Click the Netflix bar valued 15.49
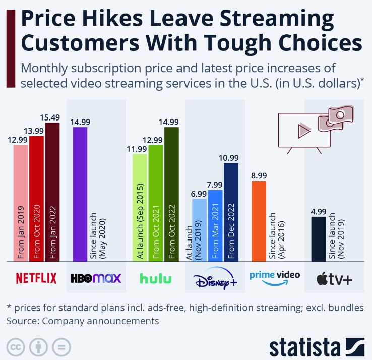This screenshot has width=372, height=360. point(52,192)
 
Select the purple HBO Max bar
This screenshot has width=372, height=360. point(80,194)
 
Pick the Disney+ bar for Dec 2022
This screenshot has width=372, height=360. point(231,212)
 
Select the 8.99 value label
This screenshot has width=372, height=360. point(259,175)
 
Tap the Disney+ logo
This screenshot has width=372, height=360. point(216,278)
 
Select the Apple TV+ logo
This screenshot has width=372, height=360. point(334,278)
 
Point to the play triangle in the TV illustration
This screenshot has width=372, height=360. point(303,132)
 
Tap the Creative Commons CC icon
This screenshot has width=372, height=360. point(16,348)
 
